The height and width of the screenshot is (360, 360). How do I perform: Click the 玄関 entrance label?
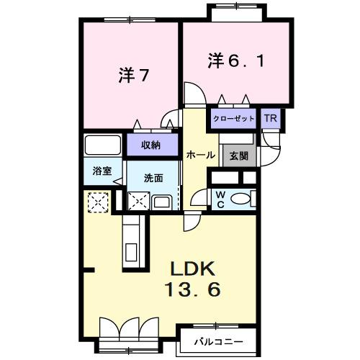click(238, 155)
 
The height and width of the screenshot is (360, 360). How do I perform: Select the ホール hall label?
click(197, 155)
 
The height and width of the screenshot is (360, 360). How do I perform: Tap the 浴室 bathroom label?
click(102, 171)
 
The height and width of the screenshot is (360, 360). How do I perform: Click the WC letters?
click(220, 198)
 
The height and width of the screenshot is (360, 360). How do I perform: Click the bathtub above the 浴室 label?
click(102, 145)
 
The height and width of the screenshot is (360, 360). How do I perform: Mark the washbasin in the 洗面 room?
click(162, 202)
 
